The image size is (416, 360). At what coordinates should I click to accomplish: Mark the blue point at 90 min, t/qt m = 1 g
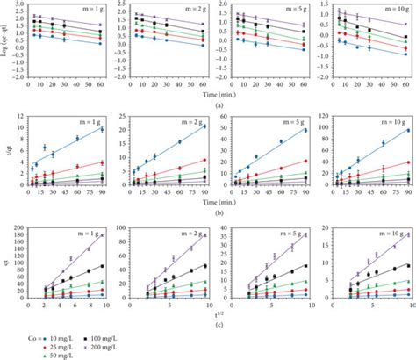103,129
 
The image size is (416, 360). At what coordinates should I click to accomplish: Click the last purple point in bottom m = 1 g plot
103,234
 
